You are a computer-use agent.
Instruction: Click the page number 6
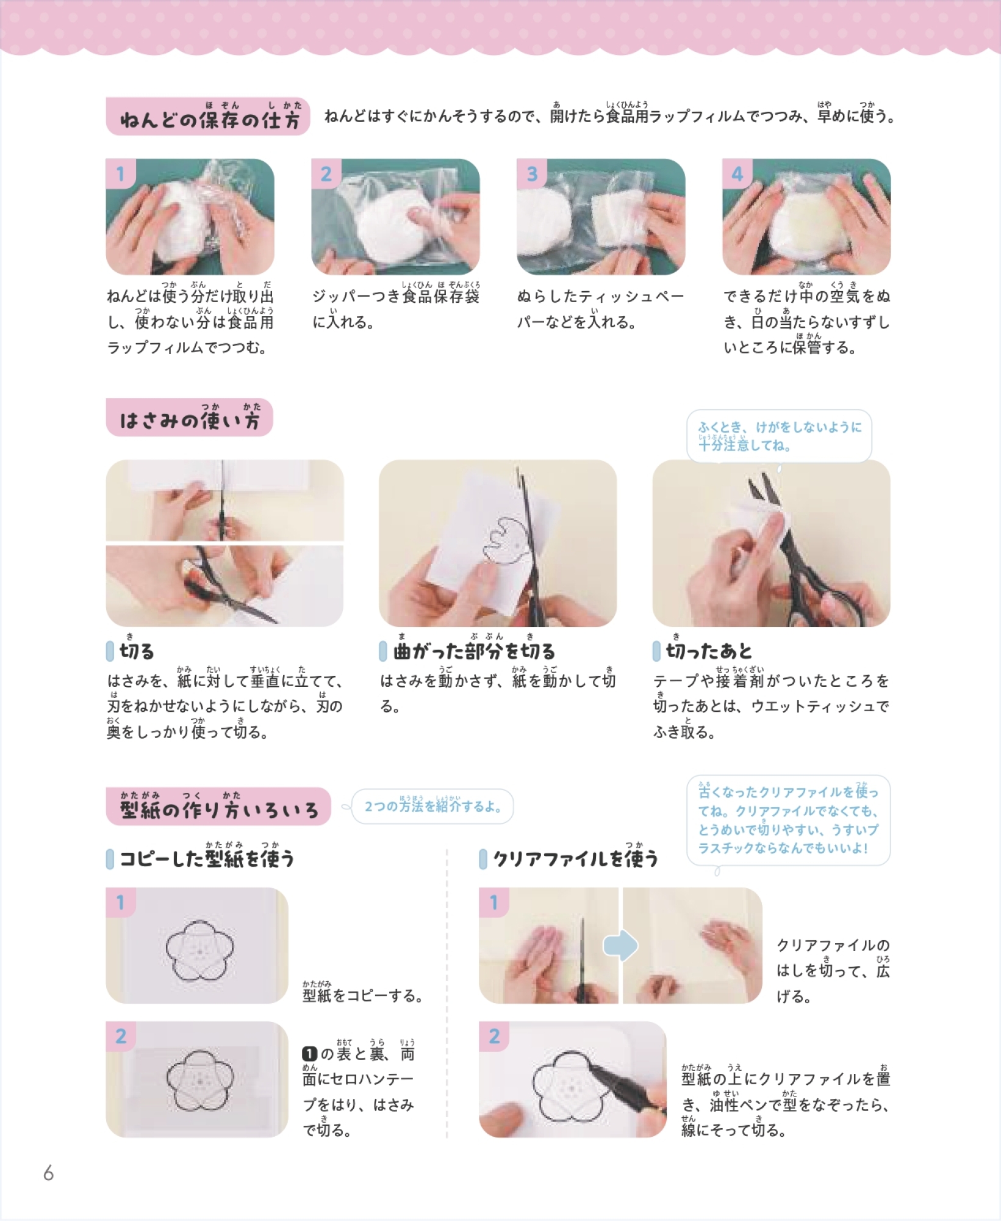click(49, 1173)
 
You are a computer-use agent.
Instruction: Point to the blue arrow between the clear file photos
click(620, 946)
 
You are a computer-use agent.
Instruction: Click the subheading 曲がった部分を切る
click(474, 651)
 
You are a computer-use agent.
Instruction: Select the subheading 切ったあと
click(708, 651)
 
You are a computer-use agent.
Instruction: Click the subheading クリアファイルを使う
click(575, 858)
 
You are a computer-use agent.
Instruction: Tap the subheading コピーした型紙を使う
click(207, 858)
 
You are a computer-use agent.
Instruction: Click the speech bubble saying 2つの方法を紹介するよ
click(432, 806)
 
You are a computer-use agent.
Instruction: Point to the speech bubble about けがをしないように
click(779, 436)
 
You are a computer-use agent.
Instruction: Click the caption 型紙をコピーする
click(363, 995)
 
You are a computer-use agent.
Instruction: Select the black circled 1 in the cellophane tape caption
click(310, 1054)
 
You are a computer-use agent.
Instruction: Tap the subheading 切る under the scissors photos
click(137, 651)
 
